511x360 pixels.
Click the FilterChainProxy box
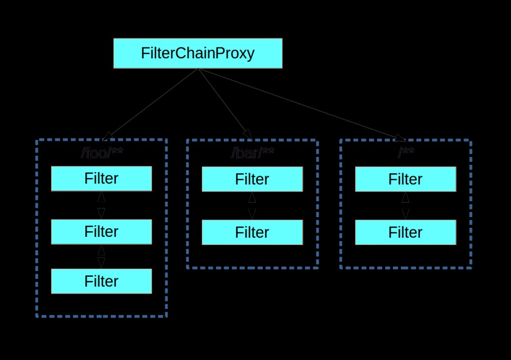point(198,53)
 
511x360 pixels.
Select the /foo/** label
point(102,152)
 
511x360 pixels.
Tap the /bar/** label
point(252,153)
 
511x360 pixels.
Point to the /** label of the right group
point(406,153)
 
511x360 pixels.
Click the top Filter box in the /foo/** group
point(101,179)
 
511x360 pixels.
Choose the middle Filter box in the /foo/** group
point(101,232)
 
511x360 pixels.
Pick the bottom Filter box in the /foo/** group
point(101,281)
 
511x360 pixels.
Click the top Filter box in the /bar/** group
point(252,179)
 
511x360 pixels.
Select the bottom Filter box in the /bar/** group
point(252,232)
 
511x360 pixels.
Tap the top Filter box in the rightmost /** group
point(405,179)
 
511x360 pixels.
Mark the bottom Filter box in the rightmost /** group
point(405,232)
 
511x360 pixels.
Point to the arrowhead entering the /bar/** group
point(247,134)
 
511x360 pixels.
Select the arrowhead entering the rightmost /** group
point(400,137)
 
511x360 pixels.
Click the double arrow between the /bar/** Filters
point(252,206)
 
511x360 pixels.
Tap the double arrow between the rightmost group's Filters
point(405,206)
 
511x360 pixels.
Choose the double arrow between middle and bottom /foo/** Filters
point(101,256)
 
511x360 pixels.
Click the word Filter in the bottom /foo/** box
point(101,281)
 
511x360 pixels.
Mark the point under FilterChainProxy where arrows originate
point(198,69)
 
